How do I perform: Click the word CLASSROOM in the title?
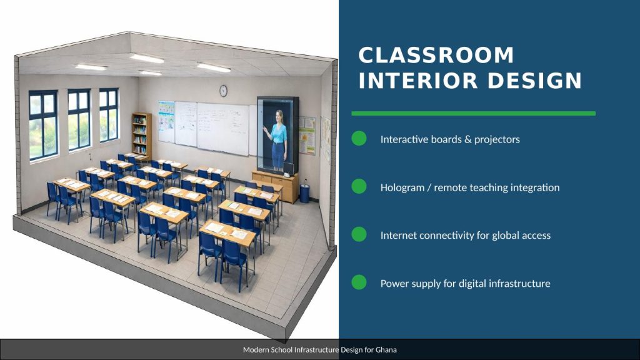pyautogui.click(x=436, y=56)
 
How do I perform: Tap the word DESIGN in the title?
pyautogui.click(x=535, y=81)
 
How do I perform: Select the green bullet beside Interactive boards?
pyautogui.click(x=359, y=138)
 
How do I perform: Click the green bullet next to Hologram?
pyautogui.click(x=359, y=186)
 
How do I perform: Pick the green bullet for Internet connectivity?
pyautogui.click(x=359, y=234)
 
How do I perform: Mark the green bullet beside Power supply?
pyautogui.click(x=359, y=282)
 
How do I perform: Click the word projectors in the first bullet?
pyautogui.click(x=497, y=139)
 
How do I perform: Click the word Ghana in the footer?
pyautogui.click(x=386, y=350)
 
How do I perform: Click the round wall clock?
pyautogui.click(x=223, y=91)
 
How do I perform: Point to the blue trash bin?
pyautogui.click(x=304, y=193)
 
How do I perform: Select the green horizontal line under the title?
pyautogui.click(x=474, y=114)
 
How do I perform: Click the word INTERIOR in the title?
pyautogui.click(x=418, y=81)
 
